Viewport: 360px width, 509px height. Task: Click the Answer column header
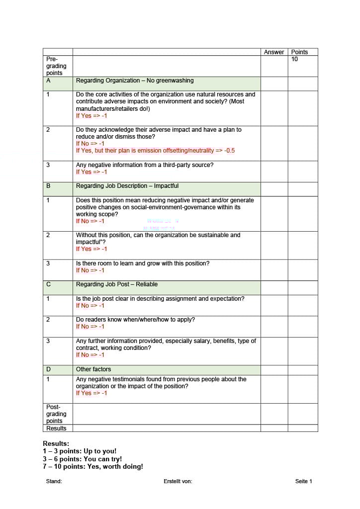pos(274,52)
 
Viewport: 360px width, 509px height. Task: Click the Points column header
pos(299,52)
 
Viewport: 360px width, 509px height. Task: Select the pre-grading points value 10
pos(295,59)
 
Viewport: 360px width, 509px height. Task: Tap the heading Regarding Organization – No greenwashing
pos(135,81)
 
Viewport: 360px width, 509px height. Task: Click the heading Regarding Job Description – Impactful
pos(127,186)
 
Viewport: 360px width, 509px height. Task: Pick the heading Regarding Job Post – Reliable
pos(117,284)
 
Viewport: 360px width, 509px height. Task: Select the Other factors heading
pos(93,369)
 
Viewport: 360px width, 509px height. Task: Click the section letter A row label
pos(48,81)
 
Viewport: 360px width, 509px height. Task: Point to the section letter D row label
pos(48,369)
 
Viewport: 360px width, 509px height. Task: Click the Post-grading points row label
pos(56,414)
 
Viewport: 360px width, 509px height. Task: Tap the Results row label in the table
pos(56,428)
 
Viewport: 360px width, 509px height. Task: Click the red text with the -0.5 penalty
pos(155,151)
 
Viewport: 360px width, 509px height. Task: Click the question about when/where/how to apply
pos(135,320)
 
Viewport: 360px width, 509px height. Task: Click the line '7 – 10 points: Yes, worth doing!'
pos(93,467)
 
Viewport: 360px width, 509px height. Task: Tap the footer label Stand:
pos(54,481)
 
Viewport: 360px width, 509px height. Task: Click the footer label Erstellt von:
pos(178,481)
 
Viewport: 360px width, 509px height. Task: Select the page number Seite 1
pos(303,481)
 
